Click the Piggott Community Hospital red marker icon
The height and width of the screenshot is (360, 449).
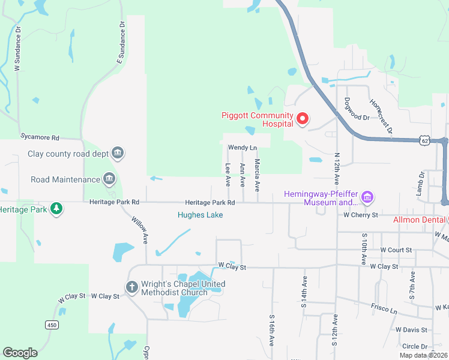pos(303,119)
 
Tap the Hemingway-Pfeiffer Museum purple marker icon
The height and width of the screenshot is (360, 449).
pos(368,197)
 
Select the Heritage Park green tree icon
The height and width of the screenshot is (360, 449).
pos(56,209)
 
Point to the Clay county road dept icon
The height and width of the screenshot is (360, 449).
pos(118,153)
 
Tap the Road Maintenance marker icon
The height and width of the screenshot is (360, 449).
pos(109,179)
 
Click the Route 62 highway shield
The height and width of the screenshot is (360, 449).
pos(425,140)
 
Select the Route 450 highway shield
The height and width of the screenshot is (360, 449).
pos(51,325)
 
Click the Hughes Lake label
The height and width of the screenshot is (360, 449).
pos(200,215)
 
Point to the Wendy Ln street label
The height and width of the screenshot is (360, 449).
pos(242,148)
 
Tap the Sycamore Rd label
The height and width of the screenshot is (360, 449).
pos(40,137)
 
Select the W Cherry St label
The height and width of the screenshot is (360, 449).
pos(360,215)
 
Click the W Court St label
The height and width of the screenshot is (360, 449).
pos(396,250)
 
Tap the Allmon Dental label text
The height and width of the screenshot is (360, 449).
pos(420,220)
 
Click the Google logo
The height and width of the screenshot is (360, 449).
pos(20,353)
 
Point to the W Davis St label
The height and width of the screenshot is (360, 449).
pos(411,330)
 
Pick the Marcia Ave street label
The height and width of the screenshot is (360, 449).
pos(257,171)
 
